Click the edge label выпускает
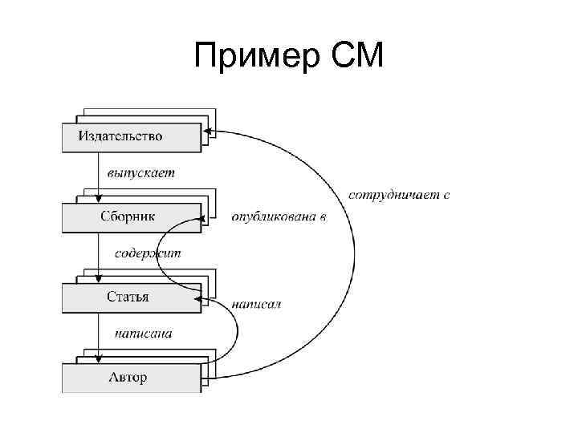pos(141,172)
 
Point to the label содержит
pos(149,253)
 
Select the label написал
pos(256,305)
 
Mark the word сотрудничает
pos(393,195)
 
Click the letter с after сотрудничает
pos(446,195)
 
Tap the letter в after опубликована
pos(323,216)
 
